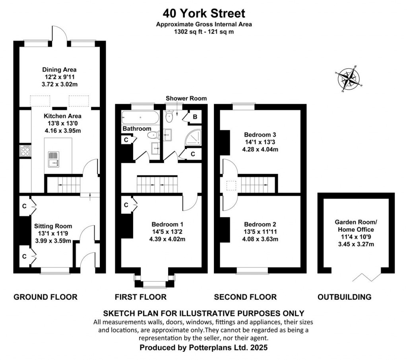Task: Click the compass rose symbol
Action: click(348, 79)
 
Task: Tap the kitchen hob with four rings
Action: click(25, 151)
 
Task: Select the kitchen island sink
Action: click(54, 159)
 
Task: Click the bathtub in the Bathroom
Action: click(140, 118)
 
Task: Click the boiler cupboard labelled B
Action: click(195, 117)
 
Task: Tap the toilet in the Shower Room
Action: click(169, 116)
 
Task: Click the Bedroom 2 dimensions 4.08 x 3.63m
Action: click(260, 239)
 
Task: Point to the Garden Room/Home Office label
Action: click(356, 226)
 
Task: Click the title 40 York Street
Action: click(204, 13)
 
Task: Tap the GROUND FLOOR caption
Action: click(45, 297)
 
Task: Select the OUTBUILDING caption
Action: click(345, 297)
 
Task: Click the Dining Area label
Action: click(60, 70)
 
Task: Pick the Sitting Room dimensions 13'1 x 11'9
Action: click(53, 233)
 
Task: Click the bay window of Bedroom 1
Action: click(154, 281)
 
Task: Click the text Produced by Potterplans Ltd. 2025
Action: click(203, 347)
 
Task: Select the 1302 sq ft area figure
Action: click(186, 32)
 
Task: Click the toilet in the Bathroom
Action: click(153, 135)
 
